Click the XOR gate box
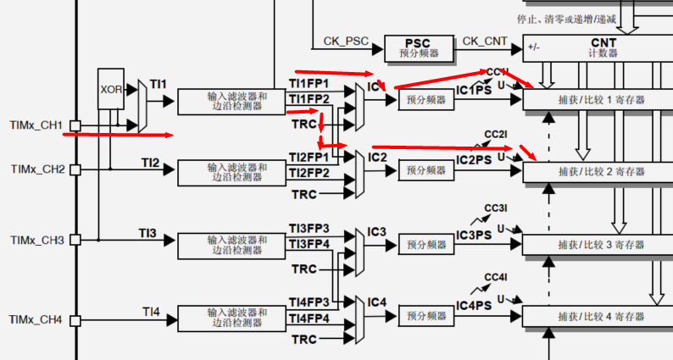(111, 89)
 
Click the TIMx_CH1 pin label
(36, 125)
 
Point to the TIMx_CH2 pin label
(36, 169)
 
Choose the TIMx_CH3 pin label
(36, 240)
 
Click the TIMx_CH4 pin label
(36, 319)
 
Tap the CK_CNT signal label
(483, 41)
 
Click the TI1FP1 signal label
(309, 84)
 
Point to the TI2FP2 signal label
(309, 173)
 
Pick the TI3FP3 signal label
(309, 229)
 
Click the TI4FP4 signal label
(309, 318)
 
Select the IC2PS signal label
(474, 160)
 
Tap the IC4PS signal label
(474, 305)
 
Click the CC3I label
(496, 208)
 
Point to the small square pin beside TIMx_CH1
(75, 126)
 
